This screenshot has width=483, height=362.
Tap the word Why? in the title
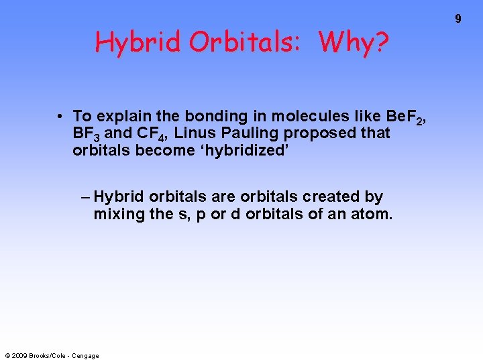[354, 43]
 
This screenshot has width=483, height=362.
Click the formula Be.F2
[403, 117]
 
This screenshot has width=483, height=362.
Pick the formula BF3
[87, 133]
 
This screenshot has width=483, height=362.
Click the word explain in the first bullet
[127, 116]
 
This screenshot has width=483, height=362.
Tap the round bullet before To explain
[60, 116]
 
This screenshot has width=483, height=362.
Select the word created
[332, 197]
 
